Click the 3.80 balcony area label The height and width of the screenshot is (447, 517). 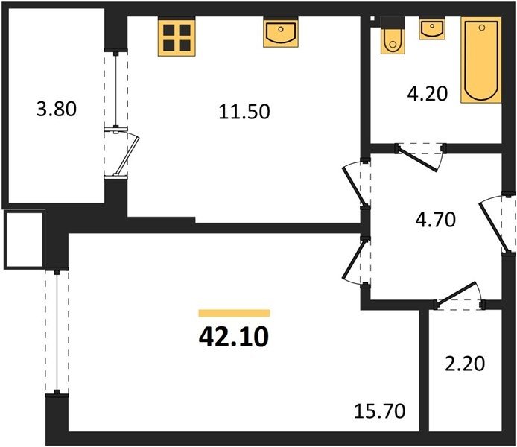[57, 109]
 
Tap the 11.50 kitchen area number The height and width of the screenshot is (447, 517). [244, 112]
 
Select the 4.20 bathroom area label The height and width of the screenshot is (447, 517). [428, 94]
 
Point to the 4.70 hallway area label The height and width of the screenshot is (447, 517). [436, 220]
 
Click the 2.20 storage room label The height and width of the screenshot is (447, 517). [465, 364]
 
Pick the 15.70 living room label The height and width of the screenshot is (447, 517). [380, 411]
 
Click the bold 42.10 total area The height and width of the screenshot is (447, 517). [234, 337]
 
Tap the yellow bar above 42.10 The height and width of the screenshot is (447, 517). [234, 313]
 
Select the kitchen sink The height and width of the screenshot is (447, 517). [281, 32]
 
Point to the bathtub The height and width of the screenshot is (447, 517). [481, 60]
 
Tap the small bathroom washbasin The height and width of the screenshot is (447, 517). [431, 28]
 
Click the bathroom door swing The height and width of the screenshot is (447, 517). [421, 157]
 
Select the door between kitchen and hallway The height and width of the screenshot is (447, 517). [357, 184]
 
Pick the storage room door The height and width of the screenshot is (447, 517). [460, 296]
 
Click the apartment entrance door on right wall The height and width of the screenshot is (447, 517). [497, 225]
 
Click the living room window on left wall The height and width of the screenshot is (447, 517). [57, 332]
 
